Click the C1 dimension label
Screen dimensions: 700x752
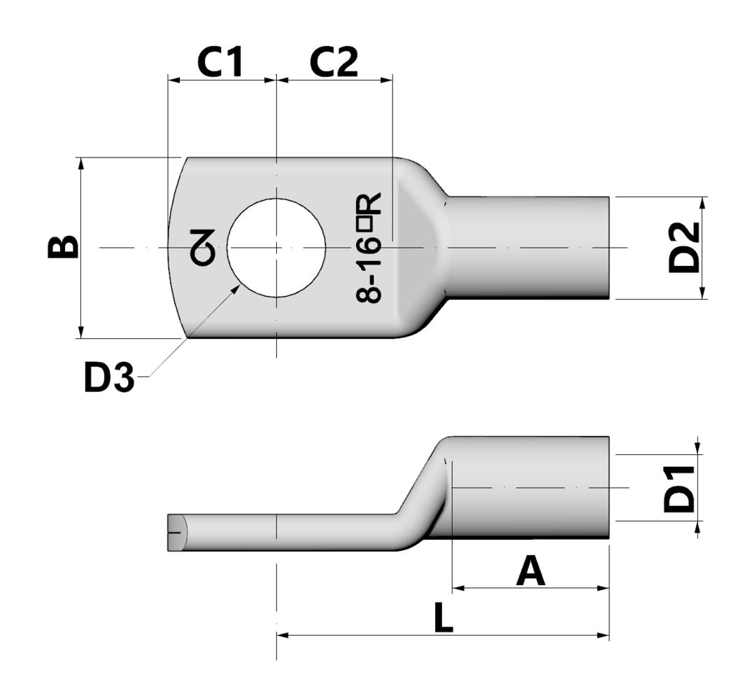click(220, 62)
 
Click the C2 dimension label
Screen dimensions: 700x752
click(334, 62)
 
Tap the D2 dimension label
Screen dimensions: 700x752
click(683, 247)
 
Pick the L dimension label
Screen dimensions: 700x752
click(442, 619)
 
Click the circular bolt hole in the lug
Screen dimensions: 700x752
click(276, 247)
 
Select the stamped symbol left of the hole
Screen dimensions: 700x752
click(204, 247)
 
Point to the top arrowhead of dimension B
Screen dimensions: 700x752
click(81, 163)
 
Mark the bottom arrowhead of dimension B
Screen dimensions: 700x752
click(81, 332)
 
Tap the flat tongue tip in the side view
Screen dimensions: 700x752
click(176, 533)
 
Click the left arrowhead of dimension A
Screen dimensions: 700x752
click(458, 588)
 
